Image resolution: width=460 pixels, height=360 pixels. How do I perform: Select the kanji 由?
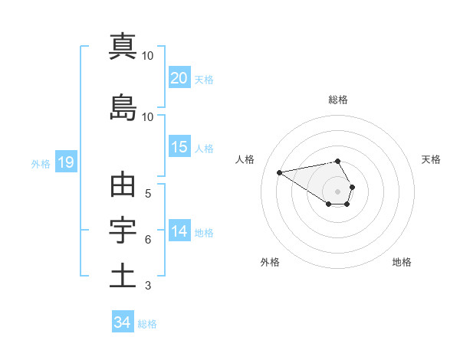pyautogui.click(x=123, y=186)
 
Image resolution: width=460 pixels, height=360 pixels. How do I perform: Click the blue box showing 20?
pyautogui.click(x=179, y=78)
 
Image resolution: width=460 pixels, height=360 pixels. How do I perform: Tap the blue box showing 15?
pyautogui.click(x=179, y=147)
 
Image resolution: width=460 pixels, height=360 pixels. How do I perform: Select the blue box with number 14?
pyautogui.click(x=179, y=231)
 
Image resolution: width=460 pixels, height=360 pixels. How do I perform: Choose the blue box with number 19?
pyautogui.click(x=65, y=162)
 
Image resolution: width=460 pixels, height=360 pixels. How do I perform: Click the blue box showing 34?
pyautogui.click(x=122, y=322)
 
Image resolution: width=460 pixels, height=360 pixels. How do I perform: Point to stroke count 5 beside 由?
pyautogui.click(x=148, y=194)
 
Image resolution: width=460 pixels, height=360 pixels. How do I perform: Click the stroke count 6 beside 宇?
pyautogui.click(x=148, y=240)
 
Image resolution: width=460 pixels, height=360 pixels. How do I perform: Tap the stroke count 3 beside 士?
pyautogui.click(x=148, y=286)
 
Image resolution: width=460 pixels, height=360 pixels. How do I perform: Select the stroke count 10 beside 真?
pyautogui.click(x=148, y=55)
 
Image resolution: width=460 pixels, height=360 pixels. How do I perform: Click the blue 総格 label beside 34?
pyautogui.click(x=147, y=324)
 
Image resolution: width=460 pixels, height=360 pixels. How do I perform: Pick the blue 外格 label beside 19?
pyautogui.click(x=41, y=163)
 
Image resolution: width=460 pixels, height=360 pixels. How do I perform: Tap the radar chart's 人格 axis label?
pyautogui.click(x=245, y=159)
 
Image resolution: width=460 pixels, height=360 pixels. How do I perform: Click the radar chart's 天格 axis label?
pyautogui.click(x=431, y=159)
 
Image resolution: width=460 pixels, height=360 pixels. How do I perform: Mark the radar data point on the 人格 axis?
pyautogui.click(x=280, y=172)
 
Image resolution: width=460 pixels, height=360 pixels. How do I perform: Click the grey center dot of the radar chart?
pyautogui.click(x=338, y=191)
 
